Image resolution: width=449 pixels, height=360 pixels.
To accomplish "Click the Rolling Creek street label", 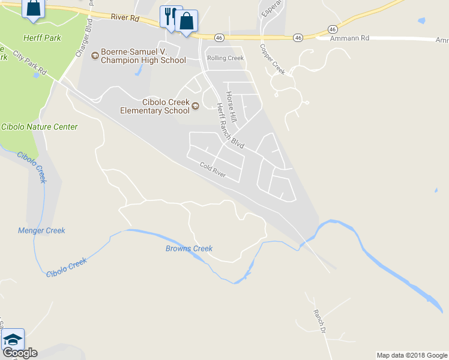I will [225, 58].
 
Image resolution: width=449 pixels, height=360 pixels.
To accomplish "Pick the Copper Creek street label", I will [272, 59].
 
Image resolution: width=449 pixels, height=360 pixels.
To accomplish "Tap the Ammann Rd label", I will [350, 38].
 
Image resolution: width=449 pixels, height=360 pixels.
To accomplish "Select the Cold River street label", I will [212, 170].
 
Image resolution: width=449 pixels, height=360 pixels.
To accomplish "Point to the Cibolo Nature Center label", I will [40, 127].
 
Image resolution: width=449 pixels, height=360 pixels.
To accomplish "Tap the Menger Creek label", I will [41, 230].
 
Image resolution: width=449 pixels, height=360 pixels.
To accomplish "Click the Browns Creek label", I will [189, 248].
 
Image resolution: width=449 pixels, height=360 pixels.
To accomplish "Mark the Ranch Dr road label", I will [319, 322].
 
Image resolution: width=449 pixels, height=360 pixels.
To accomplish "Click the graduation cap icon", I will [12, 339].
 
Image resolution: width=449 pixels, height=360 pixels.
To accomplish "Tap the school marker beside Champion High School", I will [94, 56].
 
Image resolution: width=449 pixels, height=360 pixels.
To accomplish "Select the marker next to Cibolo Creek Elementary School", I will [195, 107].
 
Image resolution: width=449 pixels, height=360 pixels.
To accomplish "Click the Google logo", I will [19, 353].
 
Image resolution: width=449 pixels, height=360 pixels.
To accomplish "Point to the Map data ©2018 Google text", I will [412, 355].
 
